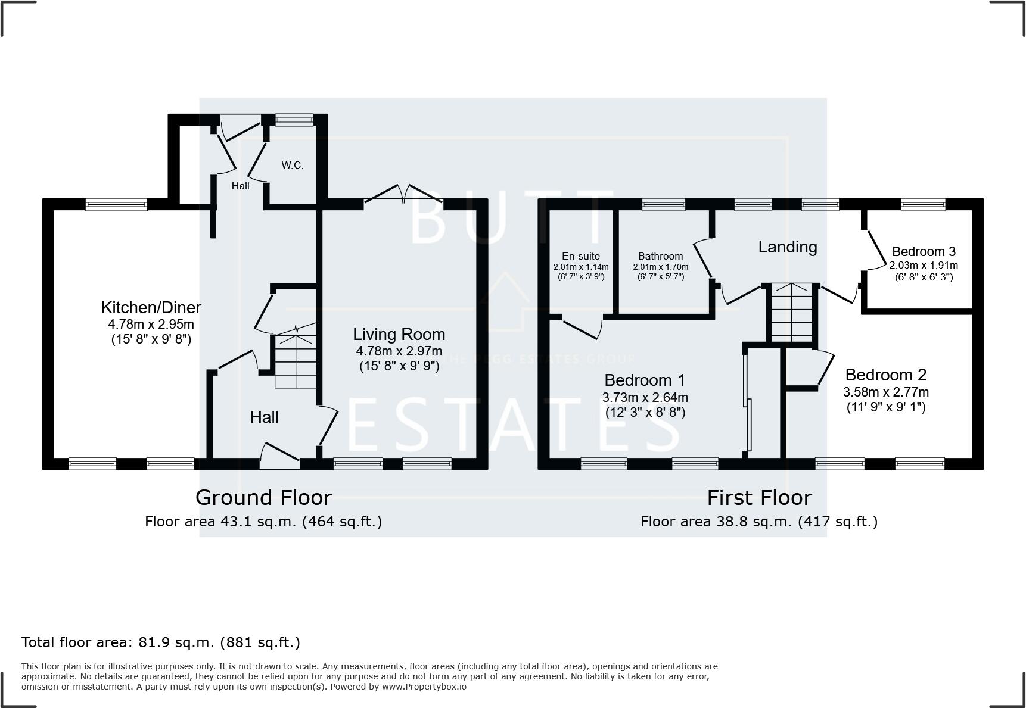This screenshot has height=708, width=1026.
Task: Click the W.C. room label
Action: click(x=292, y=165)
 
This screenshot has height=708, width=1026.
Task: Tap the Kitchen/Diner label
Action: click(x=151, y=307)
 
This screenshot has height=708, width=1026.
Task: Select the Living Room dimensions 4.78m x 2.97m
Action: click(x=399, y=351)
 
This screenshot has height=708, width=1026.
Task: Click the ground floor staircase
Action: click(x=296, y=361)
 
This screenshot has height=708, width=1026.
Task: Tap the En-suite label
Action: click(x=580, y=256)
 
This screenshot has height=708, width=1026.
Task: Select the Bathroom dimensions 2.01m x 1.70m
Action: click(x=660, y=267)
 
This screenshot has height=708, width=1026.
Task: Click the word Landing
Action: click(x=787, y=247)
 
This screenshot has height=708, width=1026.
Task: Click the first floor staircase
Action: click(x=792, y=312)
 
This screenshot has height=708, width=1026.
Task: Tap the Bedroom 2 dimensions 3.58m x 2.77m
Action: click(x=885, y=392)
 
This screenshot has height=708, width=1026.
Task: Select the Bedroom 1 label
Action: click(x=644, y=380)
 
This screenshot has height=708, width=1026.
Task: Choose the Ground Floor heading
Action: click(x=263, y=497)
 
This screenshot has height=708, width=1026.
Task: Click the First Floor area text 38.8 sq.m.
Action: click(x=759, y=522)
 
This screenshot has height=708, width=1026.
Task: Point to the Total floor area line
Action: click(x=160, y=642)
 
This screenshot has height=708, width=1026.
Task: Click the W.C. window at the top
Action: click(x=294, y=121)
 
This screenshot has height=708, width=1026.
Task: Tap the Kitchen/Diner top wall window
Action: click(x=116, y=205)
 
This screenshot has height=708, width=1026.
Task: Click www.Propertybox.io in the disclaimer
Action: click(x=424, y=687)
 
